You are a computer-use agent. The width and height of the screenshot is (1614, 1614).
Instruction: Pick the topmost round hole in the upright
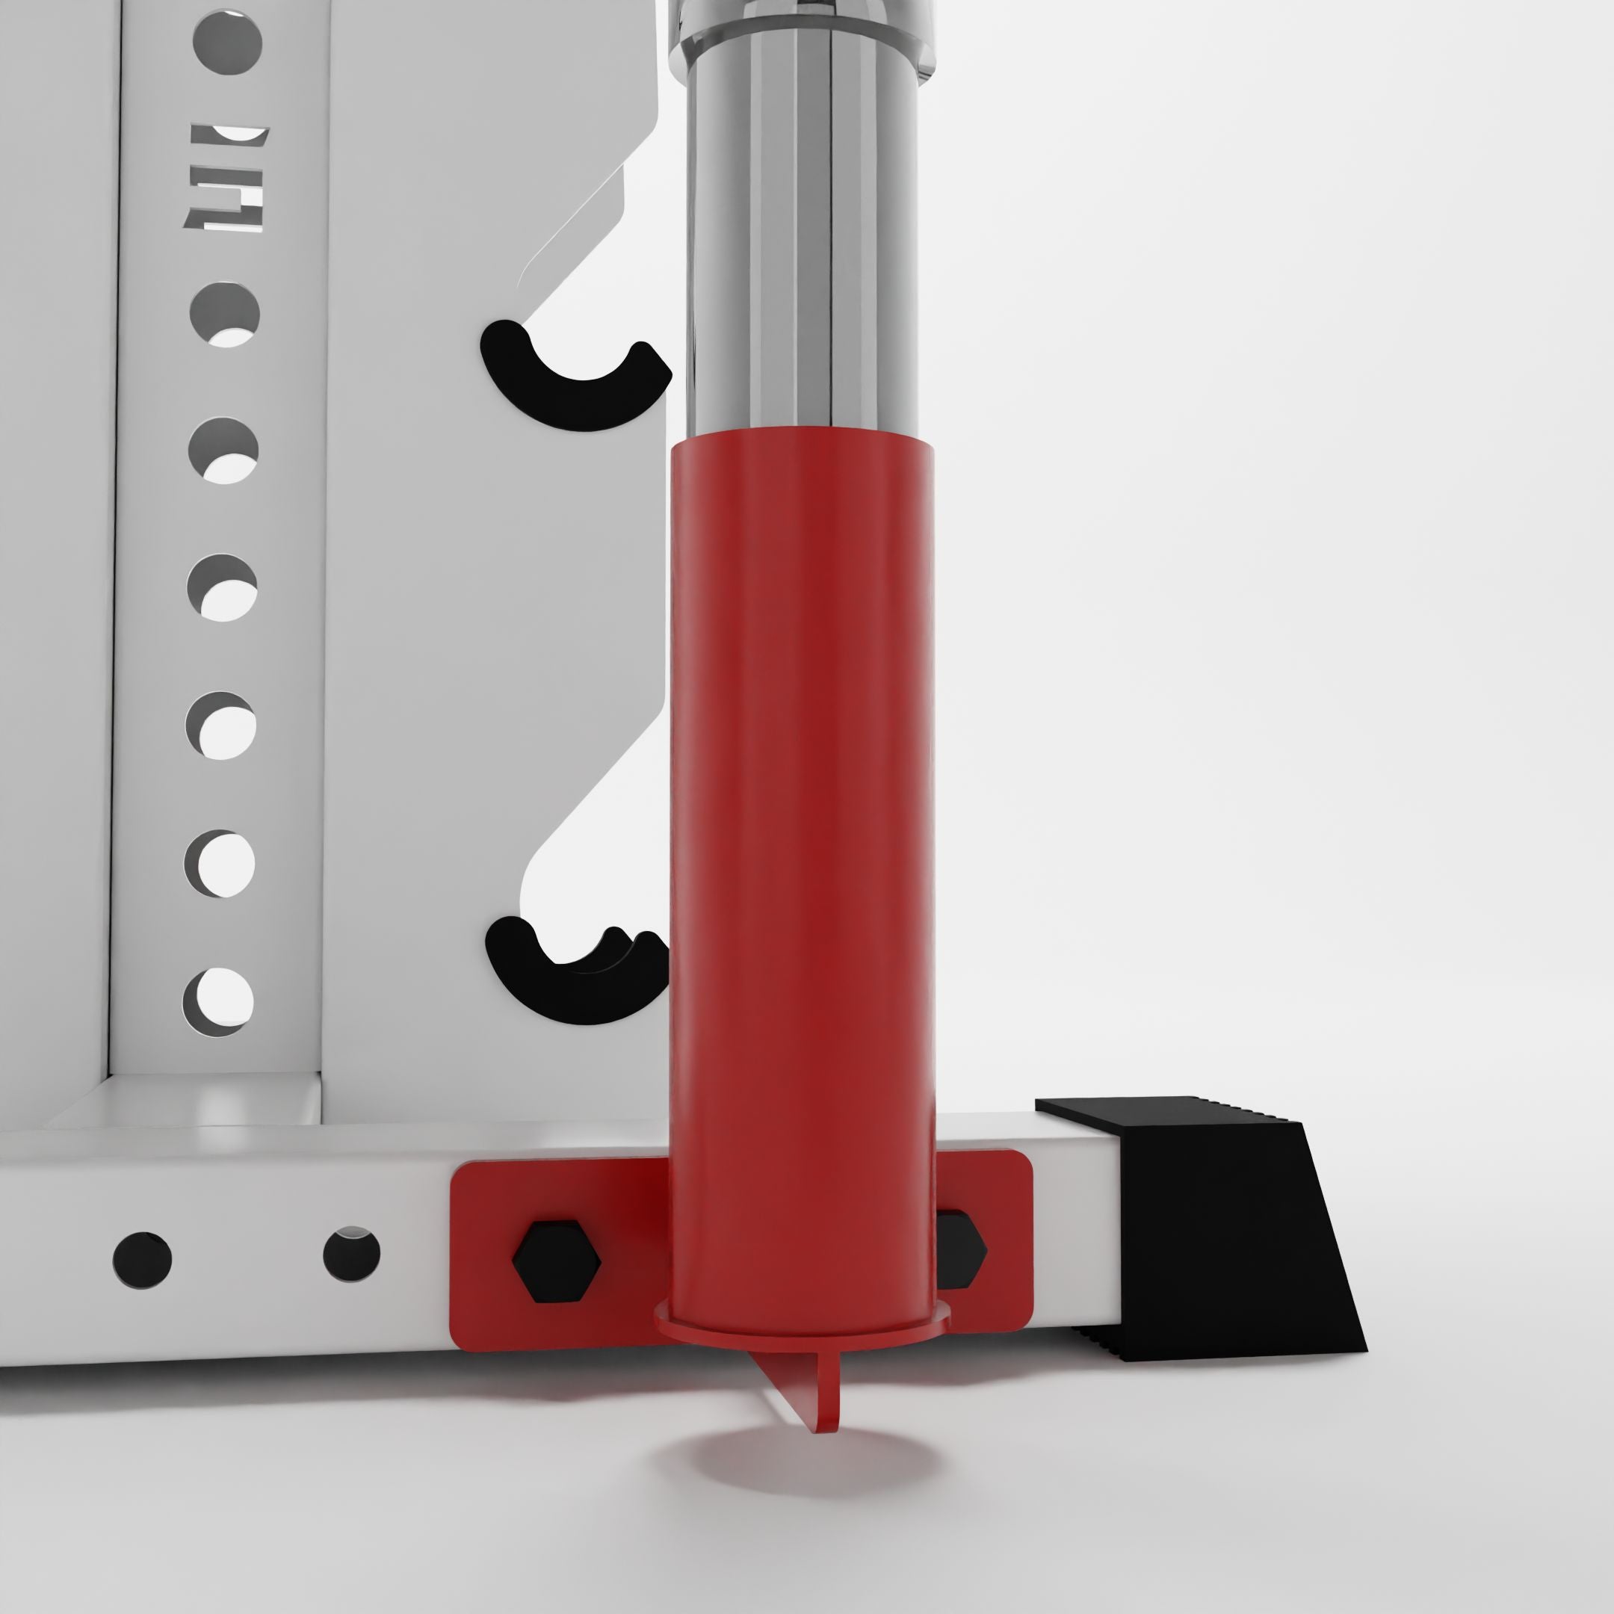[x=227, y=42]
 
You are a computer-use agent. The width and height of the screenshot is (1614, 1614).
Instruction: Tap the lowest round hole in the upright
[x=218, y=1001]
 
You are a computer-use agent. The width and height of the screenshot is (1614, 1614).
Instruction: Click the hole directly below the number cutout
[x=225, y=315]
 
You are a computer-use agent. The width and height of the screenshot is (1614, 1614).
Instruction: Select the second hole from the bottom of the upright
[x=220, y=863]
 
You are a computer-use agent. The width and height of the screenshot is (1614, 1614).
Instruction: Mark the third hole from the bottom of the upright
[x=220, y=725]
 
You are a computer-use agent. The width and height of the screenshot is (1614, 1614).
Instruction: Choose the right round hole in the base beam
[x=352, y=1254]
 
